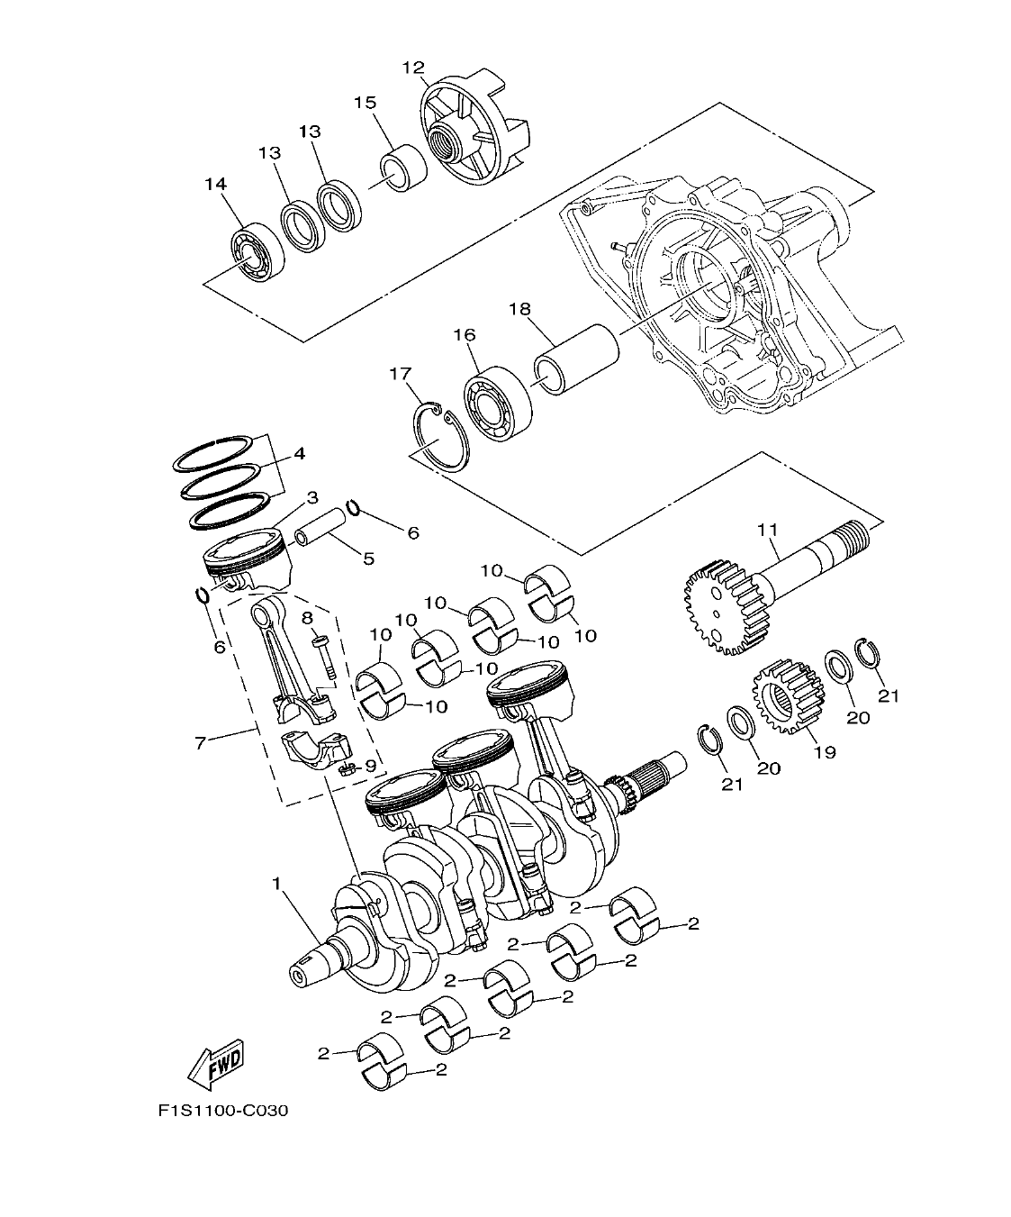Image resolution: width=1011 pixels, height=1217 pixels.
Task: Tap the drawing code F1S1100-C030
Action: (222, 1111)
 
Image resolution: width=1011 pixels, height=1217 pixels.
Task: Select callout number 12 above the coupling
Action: (412, 68)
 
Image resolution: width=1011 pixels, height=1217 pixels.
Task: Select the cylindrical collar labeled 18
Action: (575, 360)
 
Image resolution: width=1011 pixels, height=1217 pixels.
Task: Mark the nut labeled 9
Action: (346, 767)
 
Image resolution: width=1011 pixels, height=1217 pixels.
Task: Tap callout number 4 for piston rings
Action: (298, 453)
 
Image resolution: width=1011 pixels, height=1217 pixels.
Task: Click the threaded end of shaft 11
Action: (853, 540)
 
